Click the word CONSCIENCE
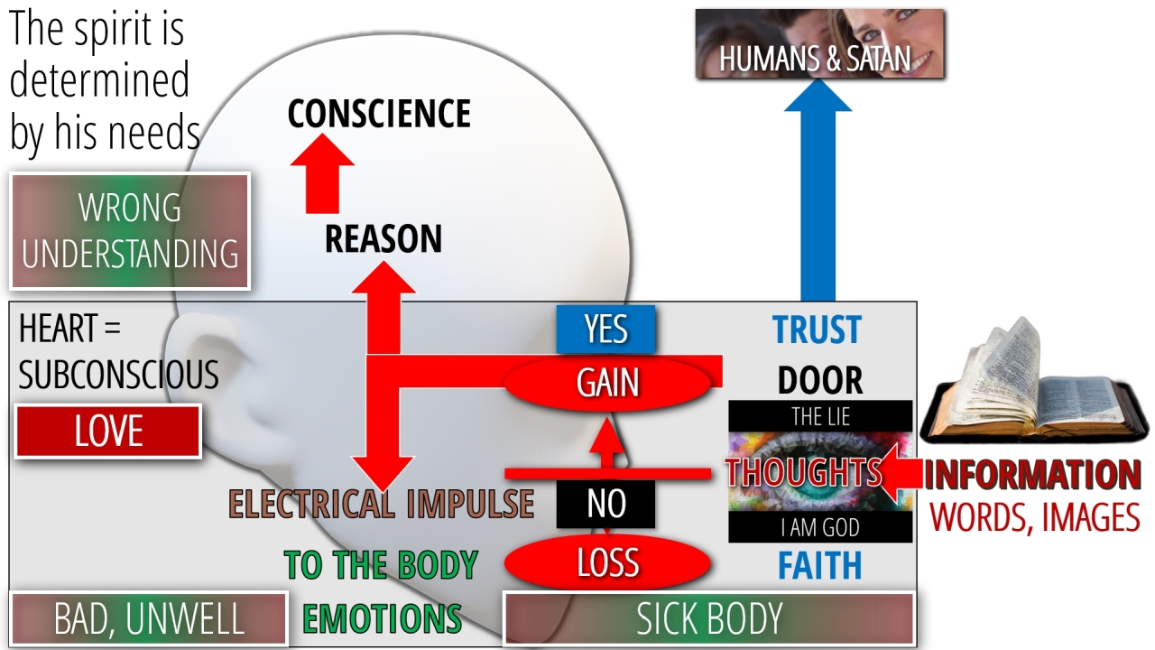point(379,115)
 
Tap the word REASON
point(383,239)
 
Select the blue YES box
point(605,330)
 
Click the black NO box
point(605,504)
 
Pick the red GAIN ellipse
point(607,383)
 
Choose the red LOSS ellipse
point(607,563)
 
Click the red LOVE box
point(108,432)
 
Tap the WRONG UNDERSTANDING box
point(130,231)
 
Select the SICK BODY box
point(709,619)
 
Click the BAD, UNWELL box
point(149,619)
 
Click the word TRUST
point(817,330)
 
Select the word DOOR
point(820,381)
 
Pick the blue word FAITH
point(820,566)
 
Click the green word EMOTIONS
point(382,619)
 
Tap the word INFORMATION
point(1032,476)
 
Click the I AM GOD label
point(820,527)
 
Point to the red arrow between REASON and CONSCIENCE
point(321,177)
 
